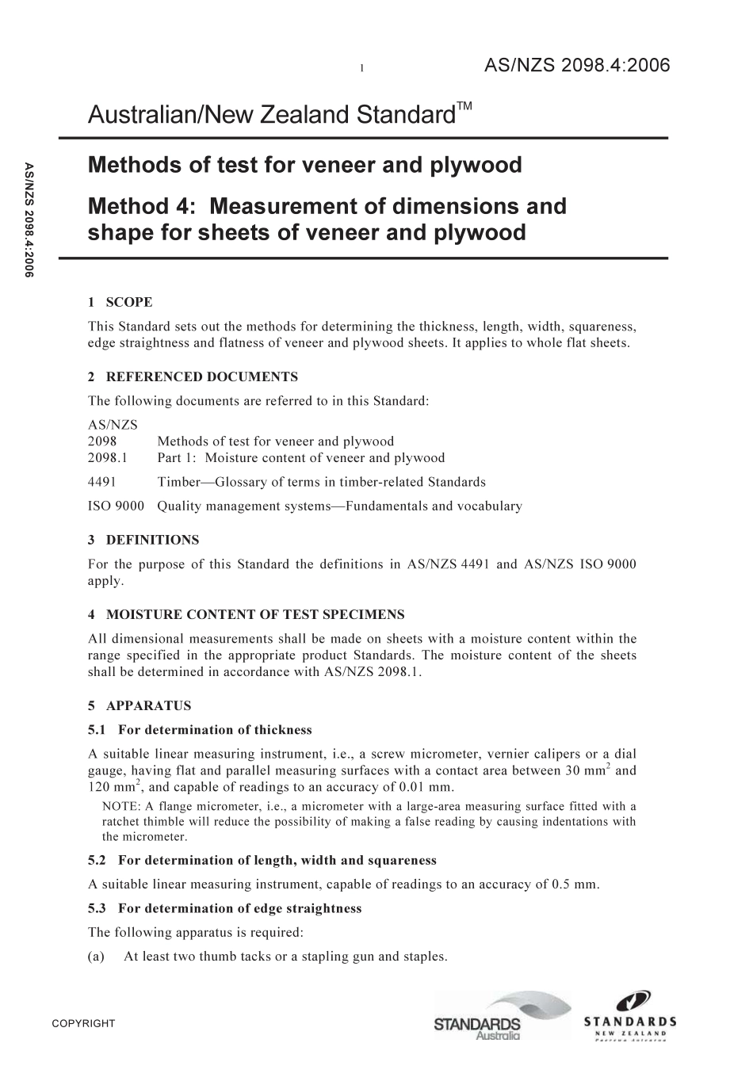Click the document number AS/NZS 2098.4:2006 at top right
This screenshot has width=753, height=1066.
(x=577, y=66)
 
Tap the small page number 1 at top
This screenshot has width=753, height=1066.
(x=361, y=69)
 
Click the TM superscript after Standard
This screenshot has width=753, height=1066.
(x=464, y=107)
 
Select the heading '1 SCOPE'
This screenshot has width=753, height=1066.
(x=120, y=302)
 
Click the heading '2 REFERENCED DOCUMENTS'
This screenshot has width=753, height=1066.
(x=193, y=376)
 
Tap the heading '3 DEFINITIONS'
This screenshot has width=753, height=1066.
(x=143, y=540)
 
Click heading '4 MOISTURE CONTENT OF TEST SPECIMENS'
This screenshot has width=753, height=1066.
(x=246, y=614)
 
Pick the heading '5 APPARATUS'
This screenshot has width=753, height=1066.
(x=140, y=705)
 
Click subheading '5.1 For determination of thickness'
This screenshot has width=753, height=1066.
(x=200, y=730)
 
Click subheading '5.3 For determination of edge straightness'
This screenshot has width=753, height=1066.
(x=224, y=908)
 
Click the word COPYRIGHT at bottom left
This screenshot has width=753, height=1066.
(x=83, y=1024)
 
